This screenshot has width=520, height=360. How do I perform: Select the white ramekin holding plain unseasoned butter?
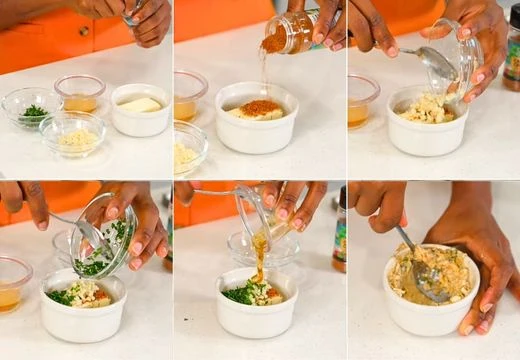(140, 111)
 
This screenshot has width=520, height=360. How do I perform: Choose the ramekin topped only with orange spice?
(258, 116)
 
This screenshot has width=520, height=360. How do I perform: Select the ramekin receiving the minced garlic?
(428, 121)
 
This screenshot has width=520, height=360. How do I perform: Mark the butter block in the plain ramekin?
(140, 104)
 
